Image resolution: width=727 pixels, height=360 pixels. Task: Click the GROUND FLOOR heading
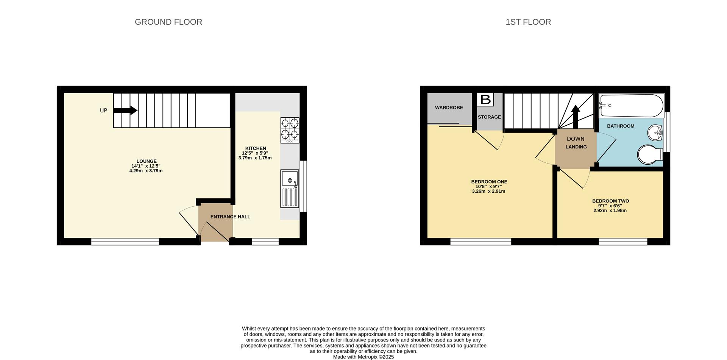click(x=168, y=22)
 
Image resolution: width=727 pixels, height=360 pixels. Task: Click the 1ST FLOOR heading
click(x=528, y=22)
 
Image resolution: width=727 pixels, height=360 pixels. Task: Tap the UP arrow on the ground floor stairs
click(x=125, y=111)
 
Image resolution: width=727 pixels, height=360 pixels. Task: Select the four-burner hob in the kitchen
click(x=290, y=130)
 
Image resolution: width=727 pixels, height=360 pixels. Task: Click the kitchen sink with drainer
click(x=290, y=189)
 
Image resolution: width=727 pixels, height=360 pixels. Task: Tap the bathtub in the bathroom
click(x=631, y=106)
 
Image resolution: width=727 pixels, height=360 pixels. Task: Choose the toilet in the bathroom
click(x=650, y=155)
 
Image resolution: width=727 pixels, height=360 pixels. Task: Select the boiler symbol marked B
click(x=485, y=100)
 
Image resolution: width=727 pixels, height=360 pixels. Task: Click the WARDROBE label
click(x=449, y=108)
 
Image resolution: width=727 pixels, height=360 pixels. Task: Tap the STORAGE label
click(x=489, y=117)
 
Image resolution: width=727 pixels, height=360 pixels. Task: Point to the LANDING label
click(x=576, y=147)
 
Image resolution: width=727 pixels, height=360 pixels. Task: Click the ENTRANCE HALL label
click(x=230, y=217)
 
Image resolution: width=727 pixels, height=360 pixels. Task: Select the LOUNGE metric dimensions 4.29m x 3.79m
click(x=146, y=171)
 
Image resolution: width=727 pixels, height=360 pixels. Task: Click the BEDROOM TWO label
click(x=611, y=201)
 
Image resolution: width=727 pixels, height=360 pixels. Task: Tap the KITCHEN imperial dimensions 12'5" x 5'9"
click(x=255, y=153)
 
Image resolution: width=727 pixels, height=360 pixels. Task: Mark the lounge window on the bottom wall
click(x=125, y=242)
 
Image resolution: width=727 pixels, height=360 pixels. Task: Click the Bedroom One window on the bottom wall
click(x=481, y=242)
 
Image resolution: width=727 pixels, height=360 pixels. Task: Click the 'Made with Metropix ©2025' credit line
click(x=363, y=357)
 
